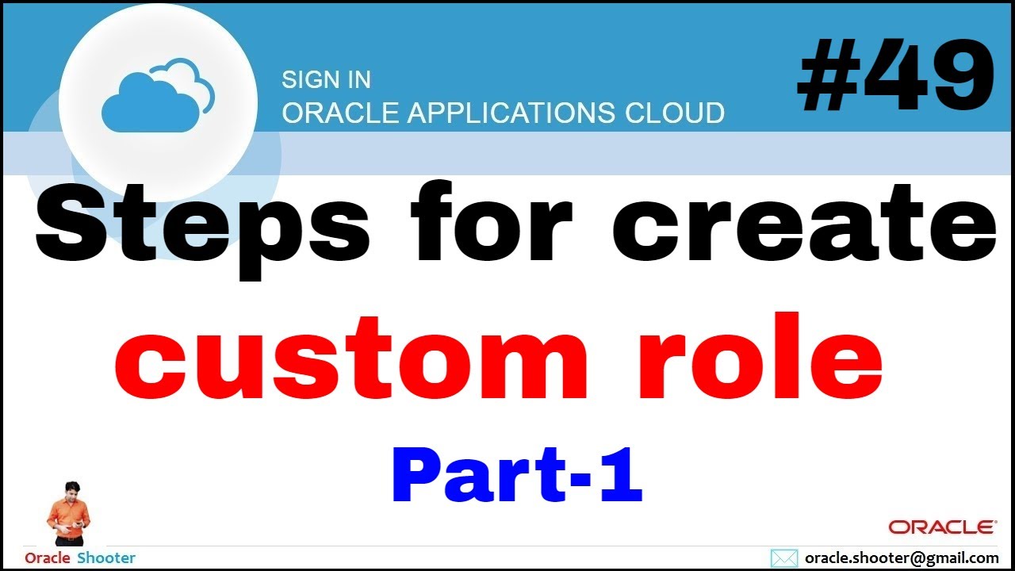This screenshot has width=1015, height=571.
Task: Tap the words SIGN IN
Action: pyautogui.click(x=326, y=80)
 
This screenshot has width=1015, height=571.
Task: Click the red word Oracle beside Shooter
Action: pyautogui.click(x=48, y=558)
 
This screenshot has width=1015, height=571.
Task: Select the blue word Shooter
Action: pyautogui.click(x=106, y=558)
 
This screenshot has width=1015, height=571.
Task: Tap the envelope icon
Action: pyautogui.click(x=784, y=558)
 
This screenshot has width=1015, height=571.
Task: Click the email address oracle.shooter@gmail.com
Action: pyautogui.click(x=901, y=558)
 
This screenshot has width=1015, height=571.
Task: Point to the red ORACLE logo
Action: pyautogui.click(x=942, y=527)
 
